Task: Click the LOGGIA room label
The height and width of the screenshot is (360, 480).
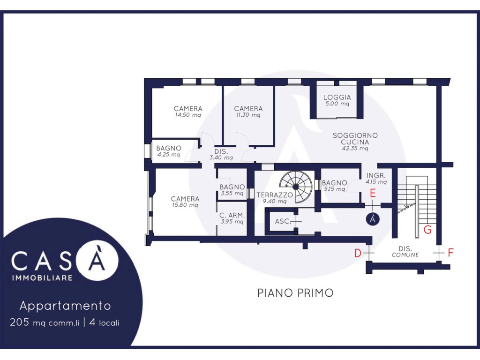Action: [337, 97]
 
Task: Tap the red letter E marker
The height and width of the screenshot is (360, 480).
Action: [373, 193]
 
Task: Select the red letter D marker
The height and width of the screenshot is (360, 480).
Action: [358, 253]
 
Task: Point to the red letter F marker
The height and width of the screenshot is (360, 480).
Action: [450, 253]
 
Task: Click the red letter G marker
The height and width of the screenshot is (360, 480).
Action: [427, 230]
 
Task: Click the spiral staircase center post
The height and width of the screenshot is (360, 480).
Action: [295, 187]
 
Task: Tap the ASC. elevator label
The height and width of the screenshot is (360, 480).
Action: [283, 221]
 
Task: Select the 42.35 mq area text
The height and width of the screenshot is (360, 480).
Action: [355, 149]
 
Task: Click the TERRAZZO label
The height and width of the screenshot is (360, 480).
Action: [275, 195]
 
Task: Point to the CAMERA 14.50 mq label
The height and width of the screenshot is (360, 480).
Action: [188, 112]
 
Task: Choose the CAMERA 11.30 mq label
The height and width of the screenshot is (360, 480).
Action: [248, 112]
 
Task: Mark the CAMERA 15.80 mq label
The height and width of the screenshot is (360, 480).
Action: [185, 202]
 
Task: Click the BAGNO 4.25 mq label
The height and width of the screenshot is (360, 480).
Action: [169, 151]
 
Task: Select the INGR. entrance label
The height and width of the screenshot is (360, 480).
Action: [376, 176]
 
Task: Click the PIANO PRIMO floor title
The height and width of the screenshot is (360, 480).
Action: [295, 293]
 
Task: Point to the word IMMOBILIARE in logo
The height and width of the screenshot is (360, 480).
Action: [42, 278]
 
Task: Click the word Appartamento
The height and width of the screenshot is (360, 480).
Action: [65, 306]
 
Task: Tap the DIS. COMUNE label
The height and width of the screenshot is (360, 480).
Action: [405, 252]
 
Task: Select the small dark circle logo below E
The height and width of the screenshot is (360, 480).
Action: [373, 219]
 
